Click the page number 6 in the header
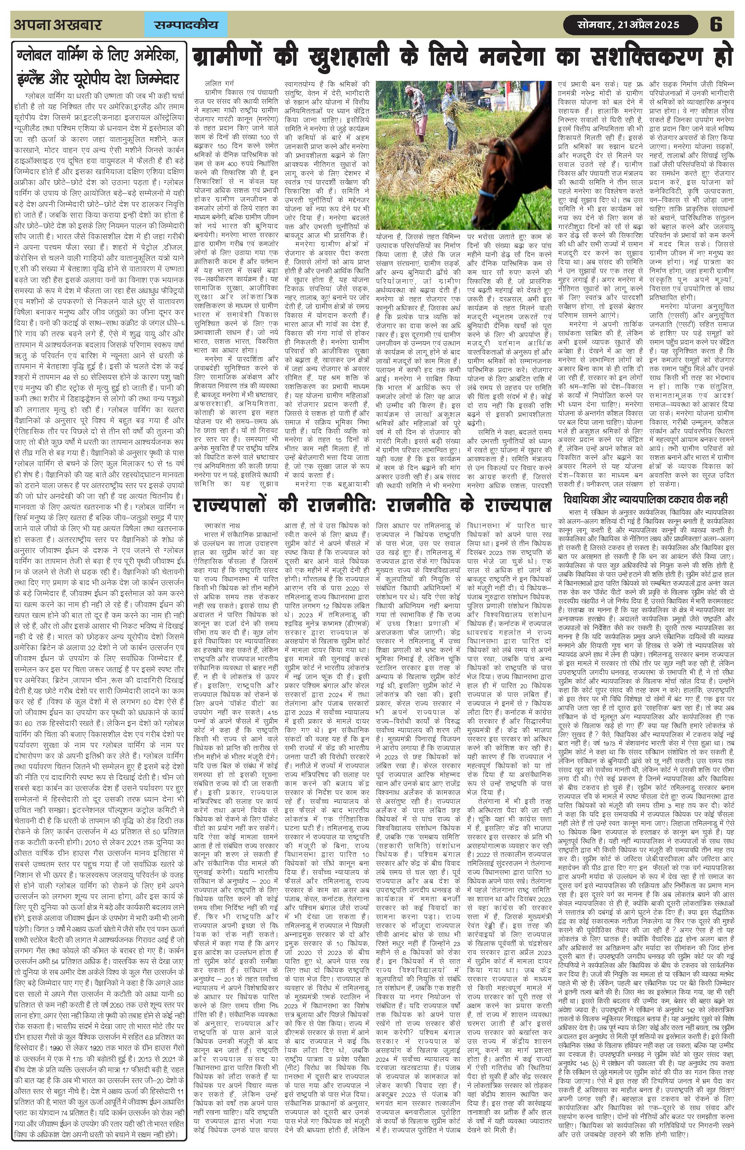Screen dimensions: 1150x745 (716, 24)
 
